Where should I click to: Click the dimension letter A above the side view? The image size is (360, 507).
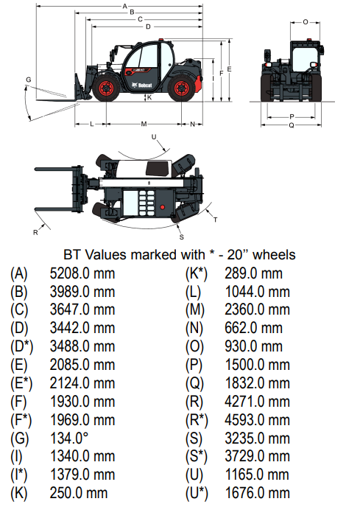point(125,6)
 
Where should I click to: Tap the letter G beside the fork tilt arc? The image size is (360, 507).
point(29,80)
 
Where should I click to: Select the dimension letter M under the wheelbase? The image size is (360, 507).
point(144,124)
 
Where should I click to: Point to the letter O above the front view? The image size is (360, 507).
point(306,22)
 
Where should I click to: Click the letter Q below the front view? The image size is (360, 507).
point(292,125)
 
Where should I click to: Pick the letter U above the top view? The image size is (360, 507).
point(154,137)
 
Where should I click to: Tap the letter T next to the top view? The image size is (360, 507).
point(215,220)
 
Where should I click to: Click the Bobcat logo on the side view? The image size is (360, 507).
point(142,85)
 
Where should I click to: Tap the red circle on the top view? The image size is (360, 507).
point(162,207)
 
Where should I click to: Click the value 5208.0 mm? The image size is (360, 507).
point(82,273)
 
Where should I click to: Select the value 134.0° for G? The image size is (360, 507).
point(68,438)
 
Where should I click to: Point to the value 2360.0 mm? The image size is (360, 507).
point(257,310)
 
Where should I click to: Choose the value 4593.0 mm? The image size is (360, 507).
point(257,420)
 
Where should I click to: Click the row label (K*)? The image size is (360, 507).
point(197,273)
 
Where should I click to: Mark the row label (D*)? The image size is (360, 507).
point(21,346)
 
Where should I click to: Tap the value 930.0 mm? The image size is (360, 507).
point(254,346)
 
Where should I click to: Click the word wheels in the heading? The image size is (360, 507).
point(274,255)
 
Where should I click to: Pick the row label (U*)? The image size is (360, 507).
point(197,494)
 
